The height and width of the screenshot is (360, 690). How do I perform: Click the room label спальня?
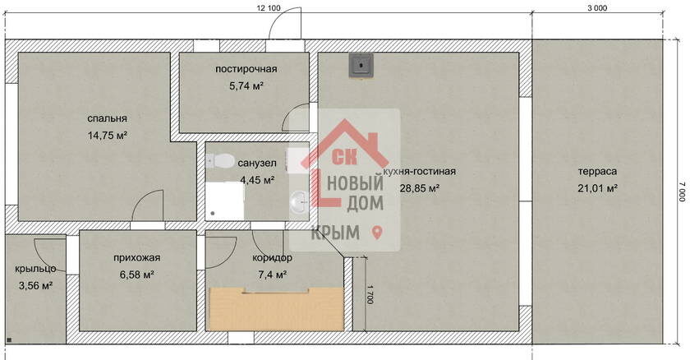(x=107, y=118)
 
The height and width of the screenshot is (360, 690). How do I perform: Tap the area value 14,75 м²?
(x=108, y=135)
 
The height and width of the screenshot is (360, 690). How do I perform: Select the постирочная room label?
(x=246, y=69)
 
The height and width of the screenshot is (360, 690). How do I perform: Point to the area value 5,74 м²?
(x=246, y=85)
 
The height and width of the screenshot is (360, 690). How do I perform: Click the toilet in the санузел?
(x=220, y=161)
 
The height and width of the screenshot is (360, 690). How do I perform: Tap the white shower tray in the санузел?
(x=224, y=201)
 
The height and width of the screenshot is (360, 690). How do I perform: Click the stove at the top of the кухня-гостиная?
(x=361, y=65)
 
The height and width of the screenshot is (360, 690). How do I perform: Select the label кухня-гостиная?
(x=420, y=171)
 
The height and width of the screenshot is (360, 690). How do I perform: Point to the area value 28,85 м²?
(x=420, y=188)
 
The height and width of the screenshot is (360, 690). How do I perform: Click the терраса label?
(x=597, y=171)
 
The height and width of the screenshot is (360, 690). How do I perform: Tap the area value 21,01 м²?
(x=597, y=188)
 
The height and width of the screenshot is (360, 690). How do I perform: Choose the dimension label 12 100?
(x=269, y=8)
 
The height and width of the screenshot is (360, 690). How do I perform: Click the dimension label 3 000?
(x=597, y=8)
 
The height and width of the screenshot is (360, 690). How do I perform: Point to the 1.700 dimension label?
(x=370, y=294)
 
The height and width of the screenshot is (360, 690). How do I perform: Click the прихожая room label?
(x=137, y=257)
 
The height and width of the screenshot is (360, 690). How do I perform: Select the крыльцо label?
(x=35, y=269)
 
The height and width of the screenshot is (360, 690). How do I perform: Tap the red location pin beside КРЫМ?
(x=377, y=233)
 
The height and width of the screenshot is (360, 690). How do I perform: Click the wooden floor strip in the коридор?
(x=276, y=309)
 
